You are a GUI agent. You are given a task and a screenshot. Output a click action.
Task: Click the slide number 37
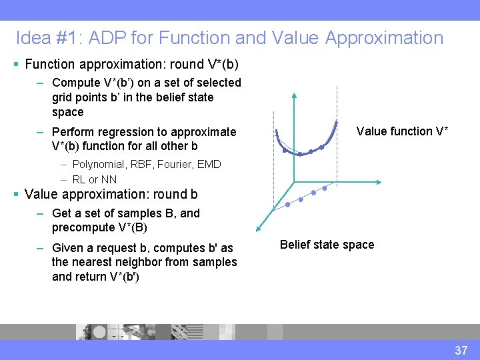coord(461,350)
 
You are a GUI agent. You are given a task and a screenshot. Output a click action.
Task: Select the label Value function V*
coord(402,131)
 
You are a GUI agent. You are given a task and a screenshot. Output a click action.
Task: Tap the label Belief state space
coord(327,245)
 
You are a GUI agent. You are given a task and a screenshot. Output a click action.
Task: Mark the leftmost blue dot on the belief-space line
coord(288,205)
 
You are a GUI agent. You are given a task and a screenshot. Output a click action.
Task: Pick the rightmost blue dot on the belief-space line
coord(325,189)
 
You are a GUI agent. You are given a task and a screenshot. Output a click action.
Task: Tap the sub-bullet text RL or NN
coord(94,179)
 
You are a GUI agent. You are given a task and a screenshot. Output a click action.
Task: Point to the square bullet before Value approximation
coord(16,195)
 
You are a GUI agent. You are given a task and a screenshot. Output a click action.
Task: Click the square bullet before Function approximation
coord(16,65)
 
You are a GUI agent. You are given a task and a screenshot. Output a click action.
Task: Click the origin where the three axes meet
coord(294,181)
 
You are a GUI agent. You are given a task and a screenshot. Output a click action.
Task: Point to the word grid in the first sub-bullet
coord(63,97)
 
